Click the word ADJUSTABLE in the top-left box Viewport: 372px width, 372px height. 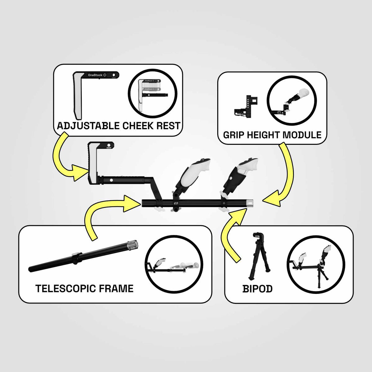[88, 126]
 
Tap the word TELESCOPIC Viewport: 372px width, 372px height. [66, 289]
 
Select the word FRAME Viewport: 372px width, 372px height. [116, 289]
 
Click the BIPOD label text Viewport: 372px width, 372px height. [257, 289]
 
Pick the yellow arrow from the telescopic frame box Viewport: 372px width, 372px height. [93, 210]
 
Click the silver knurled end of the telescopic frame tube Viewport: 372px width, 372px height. [133, 245]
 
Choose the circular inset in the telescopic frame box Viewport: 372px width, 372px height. [174, 264]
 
